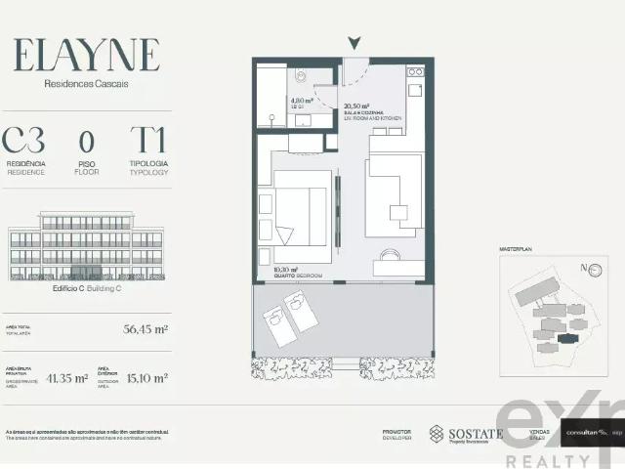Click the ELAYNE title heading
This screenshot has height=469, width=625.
click(86, 55)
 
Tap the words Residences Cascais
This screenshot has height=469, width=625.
click(86, 84)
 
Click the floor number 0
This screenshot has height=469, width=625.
click(87, 140)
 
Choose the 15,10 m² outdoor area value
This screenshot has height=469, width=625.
click(146, 377)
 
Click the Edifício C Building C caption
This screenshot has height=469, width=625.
click(86, 289)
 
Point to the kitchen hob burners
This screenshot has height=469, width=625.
click(416, 72)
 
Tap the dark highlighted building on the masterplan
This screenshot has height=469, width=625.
click(566, 337)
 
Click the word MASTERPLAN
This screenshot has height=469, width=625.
click(516, 250)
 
